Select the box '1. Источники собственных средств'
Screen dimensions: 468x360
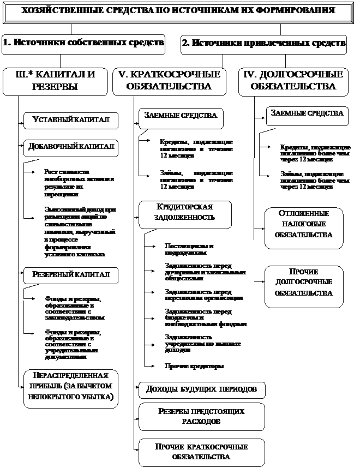coord(83,44)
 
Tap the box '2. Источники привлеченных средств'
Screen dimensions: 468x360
coord(263,44)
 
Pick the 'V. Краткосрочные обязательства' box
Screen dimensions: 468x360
coord(169,80)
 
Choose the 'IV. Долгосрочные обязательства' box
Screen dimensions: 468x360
coord(293,80)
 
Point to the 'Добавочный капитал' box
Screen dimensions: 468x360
coord(70,147)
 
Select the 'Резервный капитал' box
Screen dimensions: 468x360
coord(70,274)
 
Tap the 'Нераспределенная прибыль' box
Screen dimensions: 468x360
coord(71,387)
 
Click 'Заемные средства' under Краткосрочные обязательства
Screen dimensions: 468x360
coord(181,116)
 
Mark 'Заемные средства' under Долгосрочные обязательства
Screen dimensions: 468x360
coord(307,113)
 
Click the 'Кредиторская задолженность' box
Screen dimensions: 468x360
coord(184,212)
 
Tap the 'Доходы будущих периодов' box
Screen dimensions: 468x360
coord(201,389)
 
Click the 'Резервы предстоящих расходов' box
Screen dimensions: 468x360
coord(201,416)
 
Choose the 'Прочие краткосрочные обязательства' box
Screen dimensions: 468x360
coord(201,451)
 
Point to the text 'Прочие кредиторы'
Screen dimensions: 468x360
coord(195,366)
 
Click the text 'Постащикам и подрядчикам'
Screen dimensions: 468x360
coord(186,249)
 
